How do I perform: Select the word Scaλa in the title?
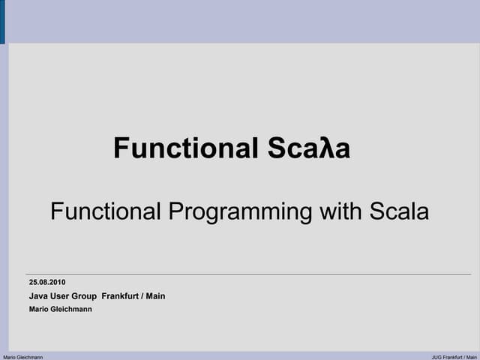click(x=308, y=148)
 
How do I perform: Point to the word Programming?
click(x=239, y=212)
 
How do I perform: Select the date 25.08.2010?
click(x=47, y=282)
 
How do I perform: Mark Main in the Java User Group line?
click(x=155, y=296)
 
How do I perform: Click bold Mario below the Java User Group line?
click(x=38, y=309)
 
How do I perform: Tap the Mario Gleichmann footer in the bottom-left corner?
click(x=23, y=357)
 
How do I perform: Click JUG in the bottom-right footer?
click(x=436, y=357)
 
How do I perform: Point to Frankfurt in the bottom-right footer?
click(x=454, y=357)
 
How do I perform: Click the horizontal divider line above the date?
click(x=248, y=274)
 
